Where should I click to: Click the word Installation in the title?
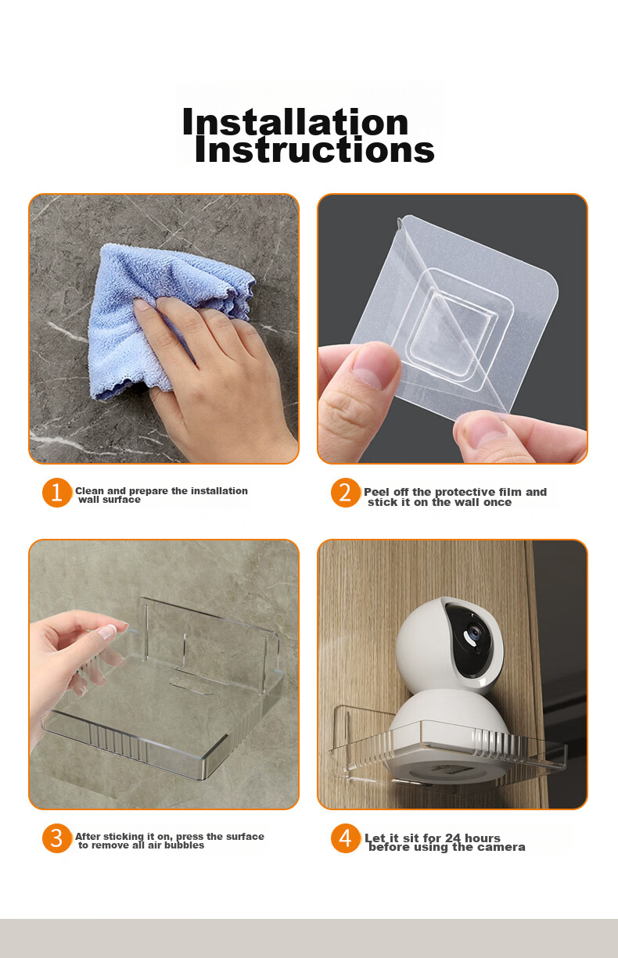tap(295, 121)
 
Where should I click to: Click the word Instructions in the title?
tap(314, 149)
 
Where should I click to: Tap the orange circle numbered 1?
tap(56, 493)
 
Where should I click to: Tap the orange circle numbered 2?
tap(345, 493)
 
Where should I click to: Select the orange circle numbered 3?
tap(56, 838)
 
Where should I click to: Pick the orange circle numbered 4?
tap(345, 838)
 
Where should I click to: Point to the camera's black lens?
tap(473, 632)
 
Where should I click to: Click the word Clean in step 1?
tap(90, 490)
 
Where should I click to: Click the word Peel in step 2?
tap(376, 492)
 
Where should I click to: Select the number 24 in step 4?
tap(453, 838)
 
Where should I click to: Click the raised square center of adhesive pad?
tap(454, 328)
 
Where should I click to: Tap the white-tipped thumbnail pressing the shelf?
tap(108, 631)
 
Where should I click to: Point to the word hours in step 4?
tap(483, 838)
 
